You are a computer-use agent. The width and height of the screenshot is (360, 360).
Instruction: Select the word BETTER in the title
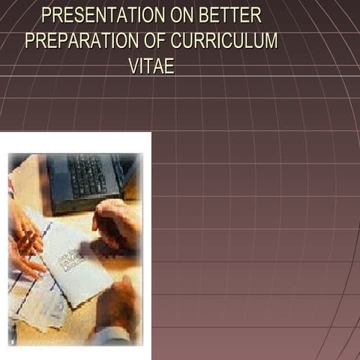click(229, 15)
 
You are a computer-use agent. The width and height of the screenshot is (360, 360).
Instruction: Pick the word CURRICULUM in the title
click(228, 40)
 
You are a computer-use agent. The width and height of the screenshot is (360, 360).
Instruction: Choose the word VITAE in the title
click(151, 66)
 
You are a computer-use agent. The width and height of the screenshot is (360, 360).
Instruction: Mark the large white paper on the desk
click(75, 262)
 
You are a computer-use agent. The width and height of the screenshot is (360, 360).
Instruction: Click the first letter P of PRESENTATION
click(46, 15)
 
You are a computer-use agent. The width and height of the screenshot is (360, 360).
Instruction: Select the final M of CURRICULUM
click(271, 40)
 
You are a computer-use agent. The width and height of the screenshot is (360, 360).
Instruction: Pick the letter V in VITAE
click(133, 66)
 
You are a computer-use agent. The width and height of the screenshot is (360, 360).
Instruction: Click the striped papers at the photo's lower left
click(30, 307)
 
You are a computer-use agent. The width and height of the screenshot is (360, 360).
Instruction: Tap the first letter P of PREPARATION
click(30, 40)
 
